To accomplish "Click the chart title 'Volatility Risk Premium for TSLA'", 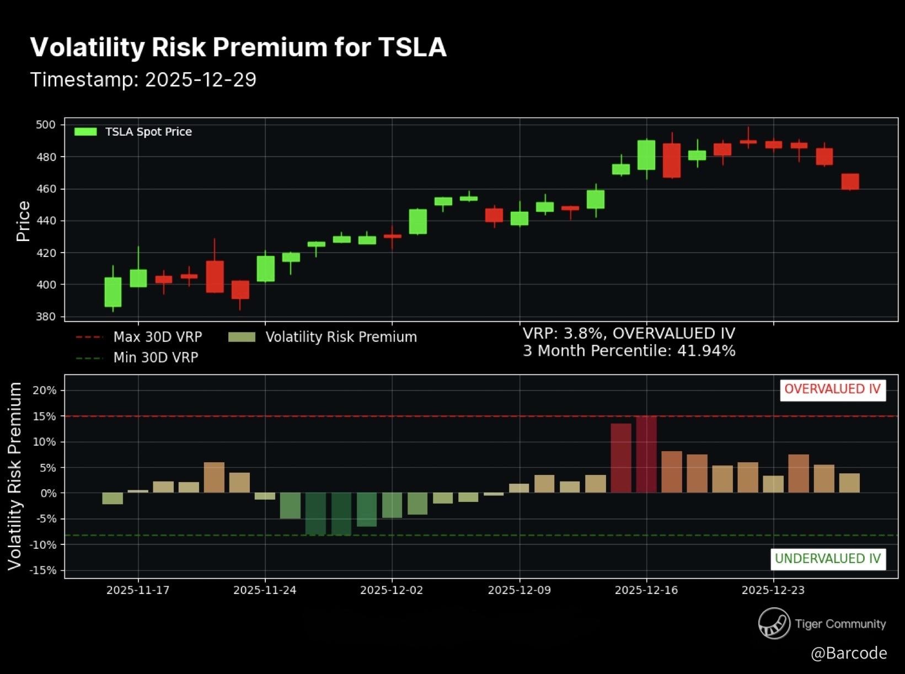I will pos(238,47).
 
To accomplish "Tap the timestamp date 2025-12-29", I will pos(201,80).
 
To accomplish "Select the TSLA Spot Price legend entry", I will pos(133,132).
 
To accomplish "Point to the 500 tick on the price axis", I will pos(46,125).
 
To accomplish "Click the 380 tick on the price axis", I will pos(46,317).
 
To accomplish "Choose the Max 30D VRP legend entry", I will pos(139,337).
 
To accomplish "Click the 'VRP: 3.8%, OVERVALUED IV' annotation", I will pos(629,334).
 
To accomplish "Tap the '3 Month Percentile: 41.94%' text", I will pos(629,351).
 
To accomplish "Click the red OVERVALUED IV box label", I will pos(832,389).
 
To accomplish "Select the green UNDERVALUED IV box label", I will pos(828,559).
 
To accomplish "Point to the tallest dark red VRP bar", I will pos(646,454).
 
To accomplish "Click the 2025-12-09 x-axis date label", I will pos(519,590).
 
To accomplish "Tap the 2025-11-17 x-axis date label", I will pos(138,590).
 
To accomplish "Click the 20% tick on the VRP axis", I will pos(45,391).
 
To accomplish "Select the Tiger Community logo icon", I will pos(774,623).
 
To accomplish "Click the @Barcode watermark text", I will pos(849,653).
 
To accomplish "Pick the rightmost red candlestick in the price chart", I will pos(850,181).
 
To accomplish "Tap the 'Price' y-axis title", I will pos(23,221).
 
